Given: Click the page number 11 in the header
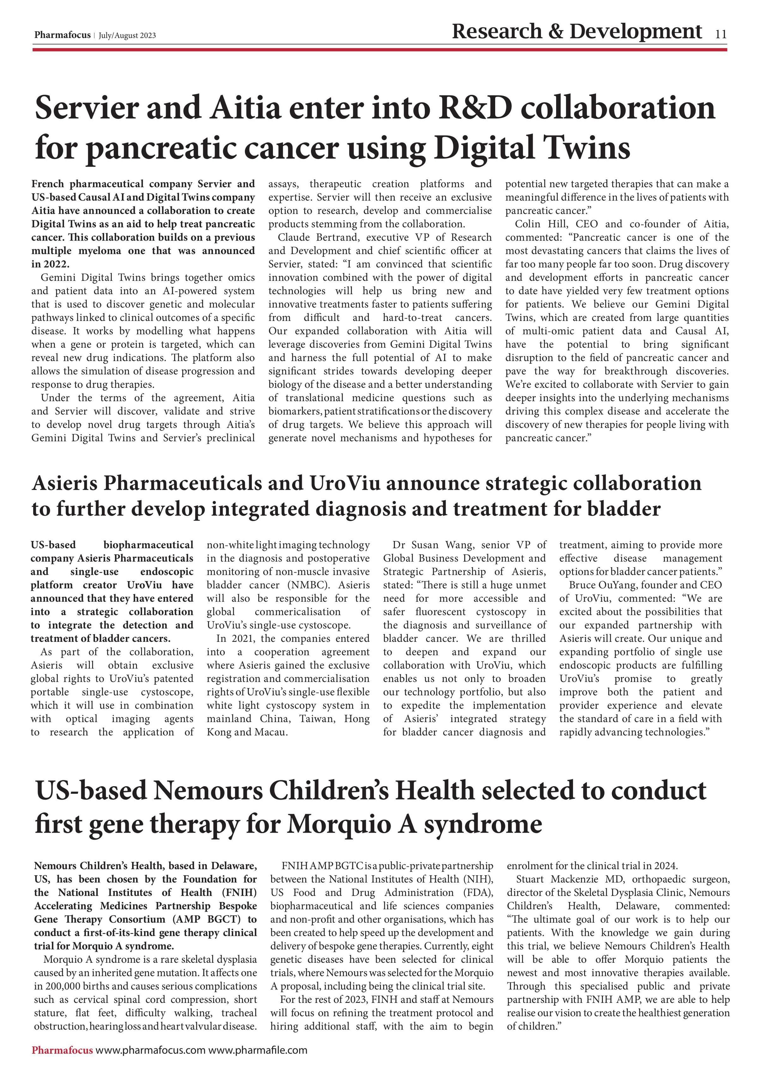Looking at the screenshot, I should [x=721, y=34].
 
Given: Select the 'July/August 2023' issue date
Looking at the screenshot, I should [x=127, y=36].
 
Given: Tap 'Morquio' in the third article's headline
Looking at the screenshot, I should [x=338, y=824].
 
